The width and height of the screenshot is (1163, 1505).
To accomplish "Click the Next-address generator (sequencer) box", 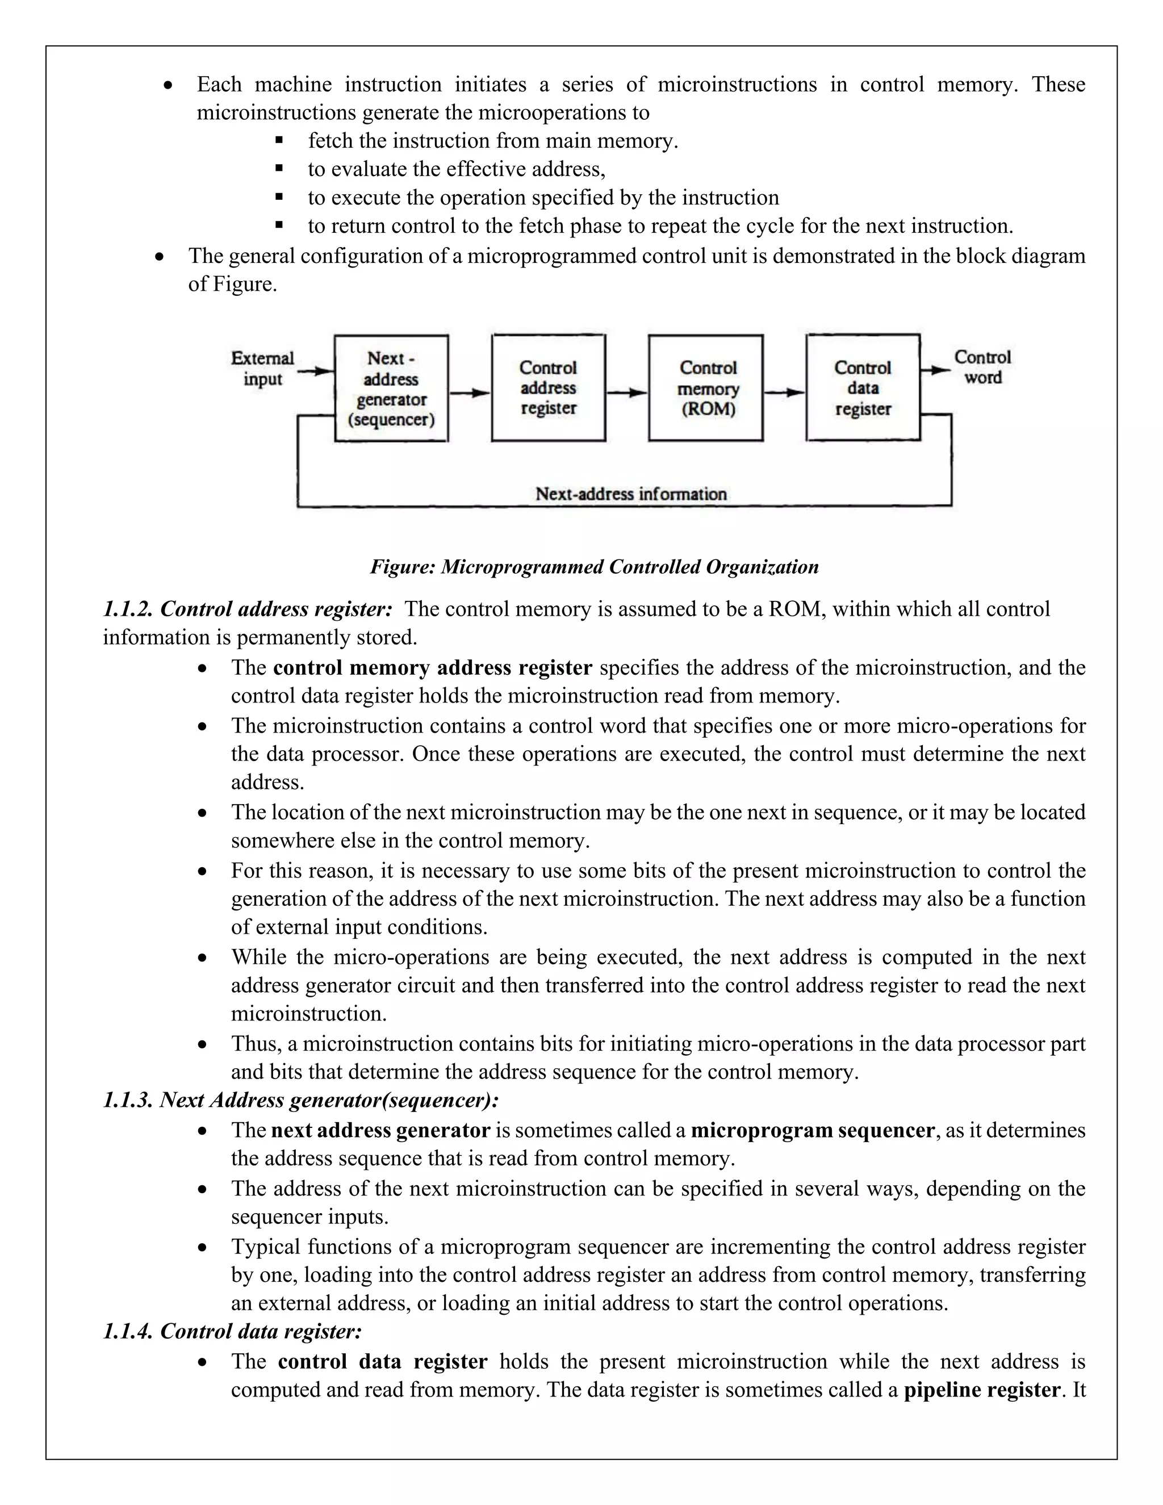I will pos(391,388).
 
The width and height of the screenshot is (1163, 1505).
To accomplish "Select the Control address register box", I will pos(549,388).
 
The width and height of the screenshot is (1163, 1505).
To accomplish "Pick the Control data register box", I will pos(863,388).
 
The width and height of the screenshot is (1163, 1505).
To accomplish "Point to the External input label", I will pos(262,369).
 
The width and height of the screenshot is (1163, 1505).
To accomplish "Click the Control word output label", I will pos(982,367).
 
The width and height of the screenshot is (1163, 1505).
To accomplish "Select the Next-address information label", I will pos(631,494).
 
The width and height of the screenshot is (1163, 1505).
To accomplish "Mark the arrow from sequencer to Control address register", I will pos(470,393).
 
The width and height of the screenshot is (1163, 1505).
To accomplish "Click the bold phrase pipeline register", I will pos(981,1390).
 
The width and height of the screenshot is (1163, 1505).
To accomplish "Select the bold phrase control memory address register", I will pos(432,668).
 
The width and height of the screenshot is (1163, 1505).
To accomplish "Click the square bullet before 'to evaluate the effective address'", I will pos(279,168).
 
